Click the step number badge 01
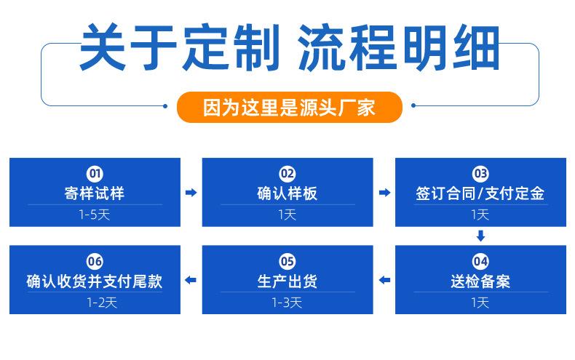tap(95, 173)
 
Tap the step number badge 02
tap(287, 173)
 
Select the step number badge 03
tap(480, 173)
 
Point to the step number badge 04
tap(480, 261)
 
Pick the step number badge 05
tap(287, 261)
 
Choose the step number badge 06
tap(95, 261)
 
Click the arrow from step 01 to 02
tap(191, 193)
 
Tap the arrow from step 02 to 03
tap(384, 193)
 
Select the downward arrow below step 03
tap(481, 236)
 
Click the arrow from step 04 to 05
tap(384, 280)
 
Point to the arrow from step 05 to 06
tap(191, 280)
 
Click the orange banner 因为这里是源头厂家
tap(290, 107)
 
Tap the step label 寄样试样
tap(95, 193)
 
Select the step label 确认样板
tap(287, 193)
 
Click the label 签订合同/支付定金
tap(480, 193)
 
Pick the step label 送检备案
tap(480, 281)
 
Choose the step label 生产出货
tap(287, 281)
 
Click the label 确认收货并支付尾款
tap(95, 281)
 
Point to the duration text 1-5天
tap(95, 215)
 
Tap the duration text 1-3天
tap(287, 303)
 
